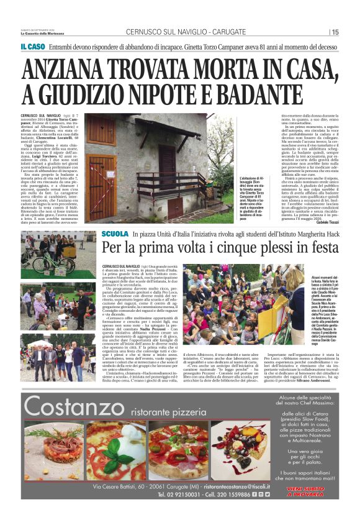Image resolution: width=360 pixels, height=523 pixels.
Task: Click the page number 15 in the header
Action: tap(335, 32)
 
